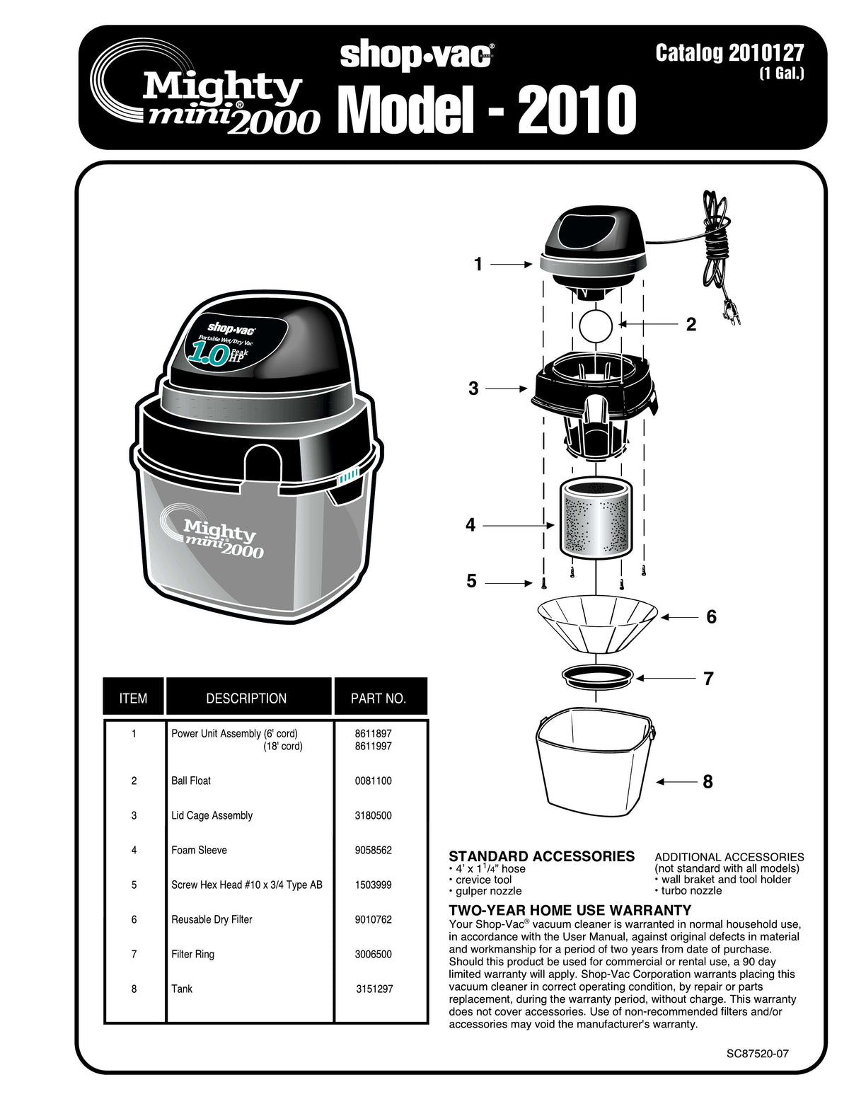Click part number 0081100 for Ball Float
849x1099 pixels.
tap(373, 781)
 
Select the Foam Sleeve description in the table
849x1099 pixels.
tap(199, 851)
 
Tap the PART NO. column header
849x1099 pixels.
tap(379, 698)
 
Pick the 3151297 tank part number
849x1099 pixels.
tap(374, 989)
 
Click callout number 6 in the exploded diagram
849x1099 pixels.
tap(711, 617)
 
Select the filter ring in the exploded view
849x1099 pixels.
tap(598, 676)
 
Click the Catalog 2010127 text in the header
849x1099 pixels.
tap(729, 54)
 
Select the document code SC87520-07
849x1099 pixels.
tap(757, 1054)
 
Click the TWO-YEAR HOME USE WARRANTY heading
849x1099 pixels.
tap(570, 911)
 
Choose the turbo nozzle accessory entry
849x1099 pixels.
tap(691, 891)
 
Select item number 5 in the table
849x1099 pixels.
tap(134, 885)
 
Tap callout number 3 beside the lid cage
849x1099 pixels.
tap(473, 389)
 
